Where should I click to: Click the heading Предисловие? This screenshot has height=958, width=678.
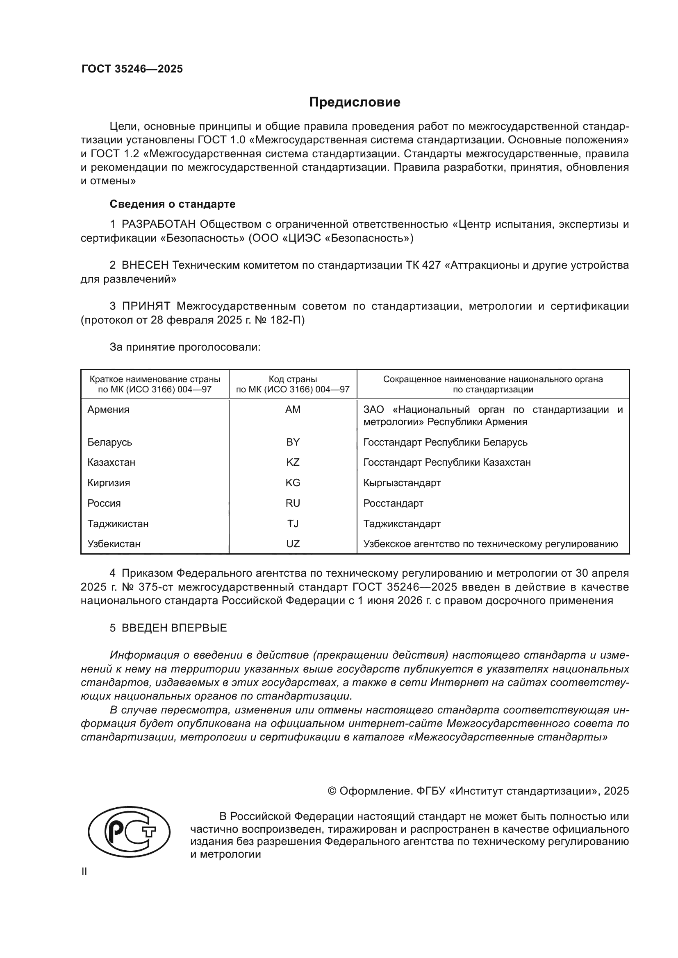[355, 102]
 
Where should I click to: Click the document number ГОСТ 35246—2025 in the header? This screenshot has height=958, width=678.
[132, 69]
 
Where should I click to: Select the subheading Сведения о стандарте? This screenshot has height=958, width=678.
[173, 204]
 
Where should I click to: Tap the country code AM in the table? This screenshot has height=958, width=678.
[293, 409]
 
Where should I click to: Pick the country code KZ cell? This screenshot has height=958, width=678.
[293, 462]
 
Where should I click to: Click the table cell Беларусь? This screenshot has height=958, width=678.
[110, 442]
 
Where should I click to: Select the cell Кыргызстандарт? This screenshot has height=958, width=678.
[402, 483]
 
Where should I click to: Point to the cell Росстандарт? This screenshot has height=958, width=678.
[393, 503]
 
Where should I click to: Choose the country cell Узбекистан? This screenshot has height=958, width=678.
[114, 544]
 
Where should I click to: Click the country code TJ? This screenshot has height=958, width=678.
[293, 524]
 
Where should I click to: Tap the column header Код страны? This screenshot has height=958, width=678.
[293, 379]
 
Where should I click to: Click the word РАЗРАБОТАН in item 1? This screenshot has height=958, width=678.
[159, 224]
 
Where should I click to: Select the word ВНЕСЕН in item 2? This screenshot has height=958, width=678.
[145, 265]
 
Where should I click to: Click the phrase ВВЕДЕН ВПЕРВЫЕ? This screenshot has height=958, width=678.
[174, 628]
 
